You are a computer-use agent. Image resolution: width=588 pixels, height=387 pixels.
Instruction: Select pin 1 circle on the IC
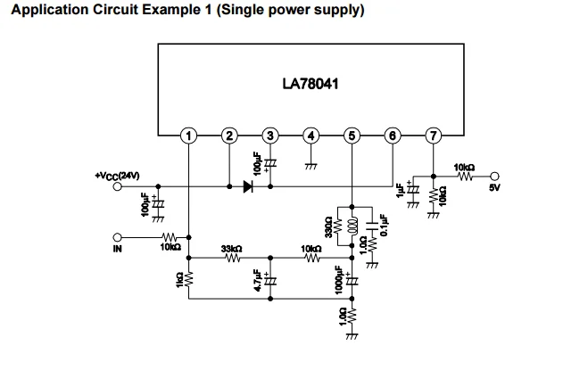pyautogui.click(x=188, y=136)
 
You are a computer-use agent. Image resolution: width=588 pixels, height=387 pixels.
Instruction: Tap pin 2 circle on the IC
pyautogui.click(x=229, y=136)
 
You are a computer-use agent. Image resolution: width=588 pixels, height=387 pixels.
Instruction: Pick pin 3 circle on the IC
pyautogui.click(x=270, y=136)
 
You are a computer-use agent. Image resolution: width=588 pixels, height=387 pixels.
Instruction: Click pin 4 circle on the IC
pyautogui.click(x=311, y=136)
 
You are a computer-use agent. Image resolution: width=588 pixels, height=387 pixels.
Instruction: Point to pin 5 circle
pyautogui.click(x=352, y=136)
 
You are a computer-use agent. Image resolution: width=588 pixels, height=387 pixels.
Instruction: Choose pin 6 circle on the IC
pyautogui.click(x=393, y=136)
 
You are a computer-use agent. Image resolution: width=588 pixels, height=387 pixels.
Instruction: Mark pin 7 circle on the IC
pyautogui.click(x=434, y=136)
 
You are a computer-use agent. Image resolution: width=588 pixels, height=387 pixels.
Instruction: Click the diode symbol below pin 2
pyautogui.click(x=247, y=187)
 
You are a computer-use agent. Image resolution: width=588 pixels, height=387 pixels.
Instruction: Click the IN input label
pyautogui.click(x=117, y=250)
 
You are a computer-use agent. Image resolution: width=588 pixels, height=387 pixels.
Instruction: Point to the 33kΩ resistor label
pyautogui.click(x=232, y=248)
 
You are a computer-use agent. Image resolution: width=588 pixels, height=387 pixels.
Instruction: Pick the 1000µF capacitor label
pyautogui.click(x=338, y=280)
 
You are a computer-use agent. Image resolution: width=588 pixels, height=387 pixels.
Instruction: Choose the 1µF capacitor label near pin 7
pyautogui.click(x=401, y=192)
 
